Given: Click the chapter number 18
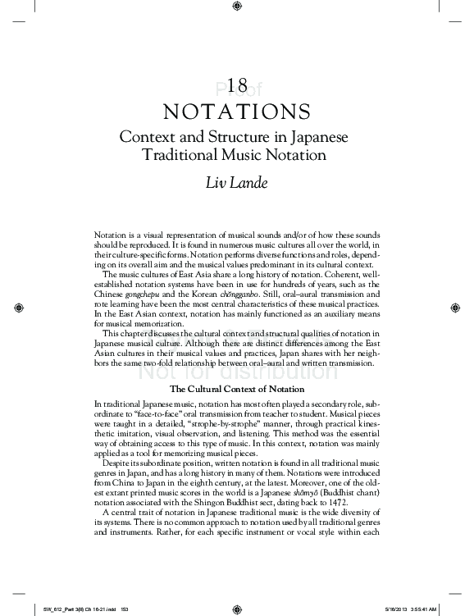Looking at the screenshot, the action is (x=236, y=86).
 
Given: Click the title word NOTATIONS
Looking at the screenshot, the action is (x=236, y=110).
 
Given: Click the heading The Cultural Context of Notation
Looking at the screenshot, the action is (x=236, y=389).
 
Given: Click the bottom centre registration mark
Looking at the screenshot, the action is (x=236, y=609).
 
